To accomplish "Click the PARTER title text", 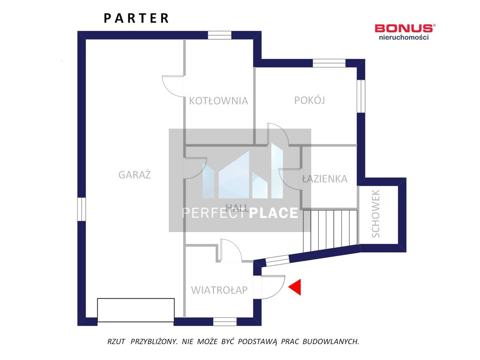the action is point(136,18).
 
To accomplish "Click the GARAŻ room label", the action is point(135,175).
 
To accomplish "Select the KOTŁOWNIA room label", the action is point(218,101).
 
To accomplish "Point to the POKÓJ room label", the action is point(309,100).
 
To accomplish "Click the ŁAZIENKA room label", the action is point(324,179).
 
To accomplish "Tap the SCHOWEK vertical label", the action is point(375,214).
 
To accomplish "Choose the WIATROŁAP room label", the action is point(219,290).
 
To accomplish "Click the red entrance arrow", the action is point(295,287).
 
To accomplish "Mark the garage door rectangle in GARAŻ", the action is point(136,310).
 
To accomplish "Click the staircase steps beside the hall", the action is point(330,231).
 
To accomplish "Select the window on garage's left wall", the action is point(82,209).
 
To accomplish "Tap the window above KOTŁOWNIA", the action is point(219,35).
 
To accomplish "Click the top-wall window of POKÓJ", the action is point(329,63).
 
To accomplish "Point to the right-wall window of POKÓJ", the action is point(361,96).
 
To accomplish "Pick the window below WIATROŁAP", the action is point(225,322).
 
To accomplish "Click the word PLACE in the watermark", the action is point(274,213).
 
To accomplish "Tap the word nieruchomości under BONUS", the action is point(404,37).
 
